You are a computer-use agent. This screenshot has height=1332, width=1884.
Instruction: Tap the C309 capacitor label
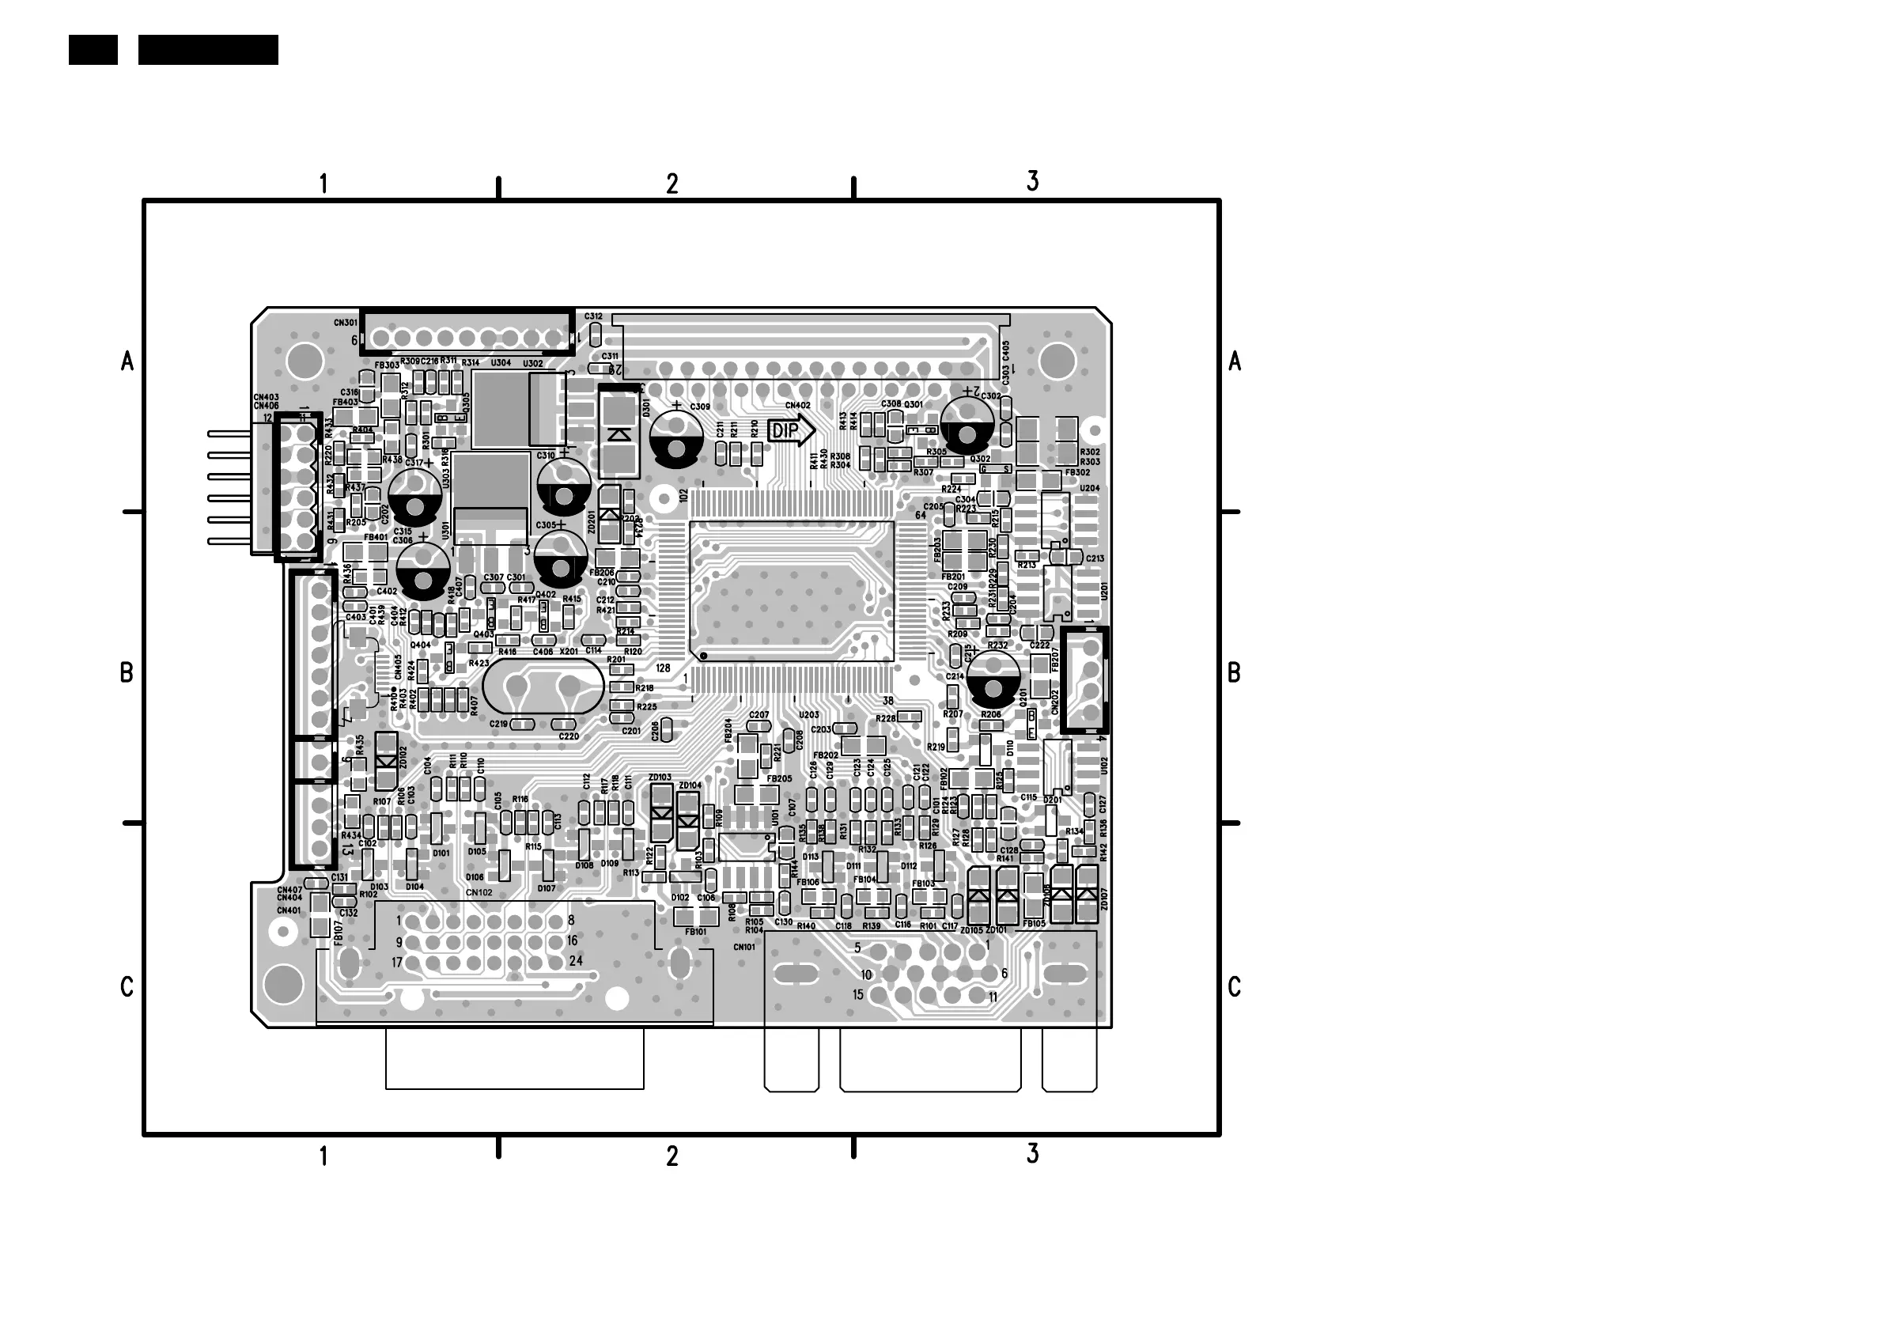pos(700,407)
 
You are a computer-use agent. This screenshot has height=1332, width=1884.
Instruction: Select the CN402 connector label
pos(797,406)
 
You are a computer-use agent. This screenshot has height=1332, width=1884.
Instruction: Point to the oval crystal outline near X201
pos(544,686)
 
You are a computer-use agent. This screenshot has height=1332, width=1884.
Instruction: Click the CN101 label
pos(743,946)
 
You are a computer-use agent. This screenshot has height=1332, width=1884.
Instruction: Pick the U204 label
pos(1090,488)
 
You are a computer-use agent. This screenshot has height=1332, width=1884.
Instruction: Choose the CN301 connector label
pos(346,323)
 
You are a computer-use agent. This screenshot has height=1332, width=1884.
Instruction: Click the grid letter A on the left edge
pos(127,361)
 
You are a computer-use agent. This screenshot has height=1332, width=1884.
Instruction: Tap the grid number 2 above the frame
pos(672,184)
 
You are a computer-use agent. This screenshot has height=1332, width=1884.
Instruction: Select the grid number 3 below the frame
pos(1032,1154)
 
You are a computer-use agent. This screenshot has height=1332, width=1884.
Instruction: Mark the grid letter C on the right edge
pos(1234,987)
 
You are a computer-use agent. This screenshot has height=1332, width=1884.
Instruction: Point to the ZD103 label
pos(659,778)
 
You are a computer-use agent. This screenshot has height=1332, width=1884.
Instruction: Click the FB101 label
pos(695,932)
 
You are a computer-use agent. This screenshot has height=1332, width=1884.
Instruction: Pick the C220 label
pos(569,736)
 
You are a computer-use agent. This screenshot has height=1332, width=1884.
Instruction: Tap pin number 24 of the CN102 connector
pos(576,960)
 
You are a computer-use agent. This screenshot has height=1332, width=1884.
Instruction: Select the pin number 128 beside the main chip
pos(663,668)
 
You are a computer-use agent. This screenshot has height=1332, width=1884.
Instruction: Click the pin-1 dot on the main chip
pos(703,656)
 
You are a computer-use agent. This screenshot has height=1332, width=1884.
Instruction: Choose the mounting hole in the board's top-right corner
pos(1057,360)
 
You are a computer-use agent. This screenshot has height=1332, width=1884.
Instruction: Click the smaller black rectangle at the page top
pos(93,49)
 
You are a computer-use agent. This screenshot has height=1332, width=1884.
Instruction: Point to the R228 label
pos(885,718)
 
